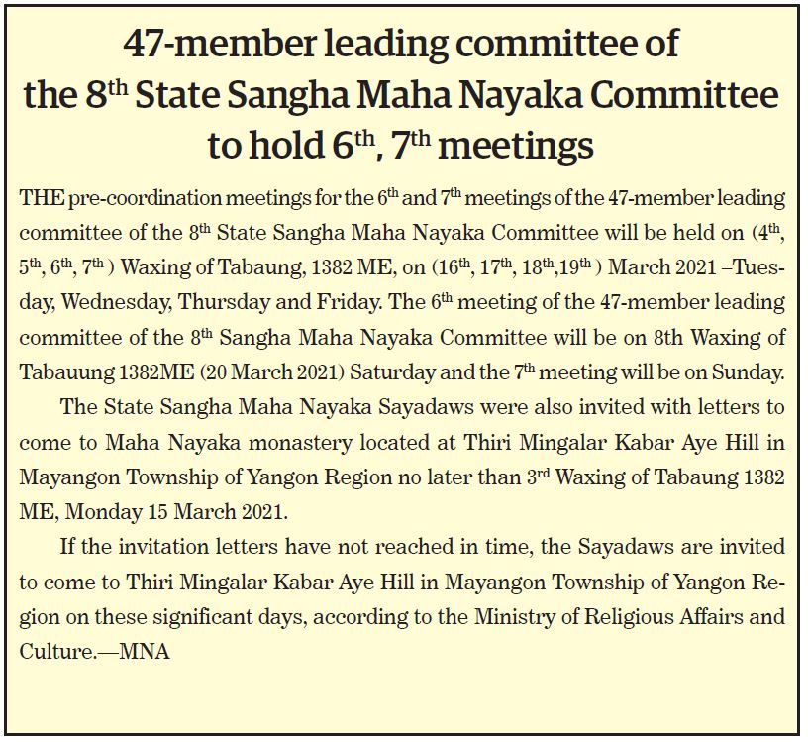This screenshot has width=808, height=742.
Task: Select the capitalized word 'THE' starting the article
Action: [41, 198]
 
